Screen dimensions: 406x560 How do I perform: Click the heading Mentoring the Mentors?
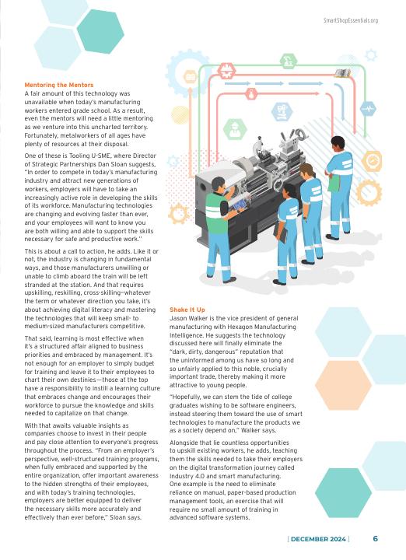[59, 85]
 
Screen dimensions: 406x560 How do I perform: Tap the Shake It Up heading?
[187, 310]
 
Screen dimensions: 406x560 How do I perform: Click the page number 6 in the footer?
[376, 538]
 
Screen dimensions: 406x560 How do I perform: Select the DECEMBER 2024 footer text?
[318, 539]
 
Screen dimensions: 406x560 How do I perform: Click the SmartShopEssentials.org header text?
[351, 20]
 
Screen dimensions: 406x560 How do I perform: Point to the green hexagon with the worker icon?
[235, 129]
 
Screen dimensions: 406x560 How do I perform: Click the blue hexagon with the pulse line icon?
[368, 108]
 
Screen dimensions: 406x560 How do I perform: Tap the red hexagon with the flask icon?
[251, 94]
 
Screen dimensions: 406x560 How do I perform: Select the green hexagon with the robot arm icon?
[289, 61]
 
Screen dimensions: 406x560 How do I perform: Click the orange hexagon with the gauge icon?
[372, 162]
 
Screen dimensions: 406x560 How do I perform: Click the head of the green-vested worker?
[219, 184]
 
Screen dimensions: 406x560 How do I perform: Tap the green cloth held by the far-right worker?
[334, 182]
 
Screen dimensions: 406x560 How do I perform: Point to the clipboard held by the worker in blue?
[280, 233]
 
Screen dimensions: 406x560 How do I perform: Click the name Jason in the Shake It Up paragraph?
[178, 318]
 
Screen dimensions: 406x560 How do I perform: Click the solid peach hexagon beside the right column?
[344, 385]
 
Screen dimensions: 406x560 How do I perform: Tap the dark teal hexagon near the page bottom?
[344, 493]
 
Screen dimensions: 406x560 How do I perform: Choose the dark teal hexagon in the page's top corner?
[100, 31]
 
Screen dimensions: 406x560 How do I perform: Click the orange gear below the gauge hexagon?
[369, 193]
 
